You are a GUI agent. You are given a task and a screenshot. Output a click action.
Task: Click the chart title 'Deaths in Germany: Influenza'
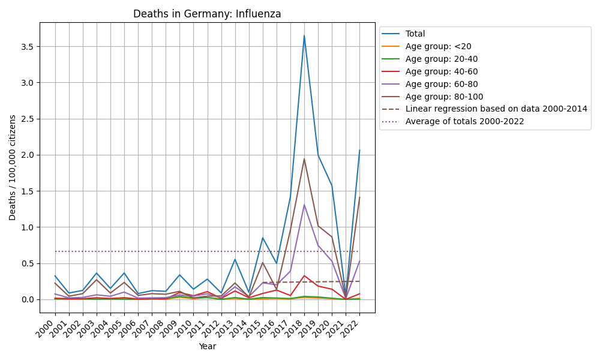pos(207,14)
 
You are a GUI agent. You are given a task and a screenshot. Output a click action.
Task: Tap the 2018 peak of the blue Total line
pos(304,35)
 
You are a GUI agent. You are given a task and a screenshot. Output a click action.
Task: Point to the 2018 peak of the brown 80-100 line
pos(304,159)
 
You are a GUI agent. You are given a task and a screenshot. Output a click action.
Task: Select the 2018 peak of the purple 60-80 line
pos(304,205)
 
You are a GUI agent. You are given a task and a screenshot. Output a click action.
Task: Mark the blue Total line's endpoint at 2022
pos(359,150)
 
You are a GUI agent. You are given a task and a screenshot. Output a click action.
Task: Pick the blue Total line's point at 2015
pos(262,238)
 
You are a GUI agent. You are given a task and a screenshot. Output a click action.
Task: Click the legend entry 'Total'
pos(415,34)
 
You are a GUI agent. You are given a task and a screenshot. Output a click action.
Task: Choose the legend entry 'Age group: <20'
pos(434,47)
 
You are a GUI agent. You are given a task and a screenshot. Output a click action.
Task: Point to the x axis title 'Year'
pos(207,346)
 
